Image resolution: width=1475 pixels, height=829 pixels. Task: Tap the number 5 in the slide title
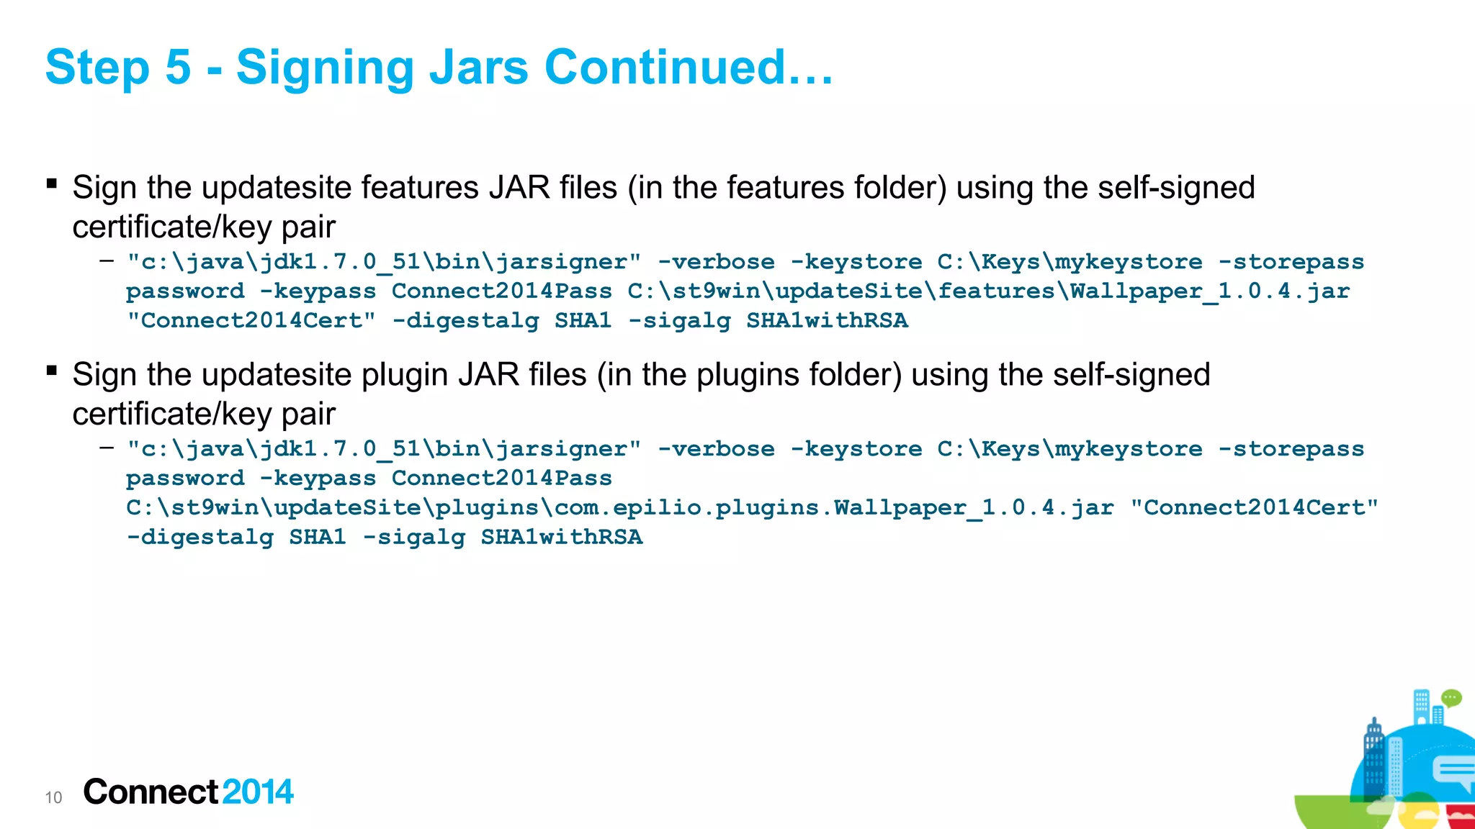pos(178,68)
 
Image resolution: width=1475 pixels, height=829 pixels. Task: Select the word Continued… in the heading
pos(689,68)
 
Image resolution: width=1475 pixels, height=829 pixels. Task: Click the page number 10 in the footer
pos(53,797)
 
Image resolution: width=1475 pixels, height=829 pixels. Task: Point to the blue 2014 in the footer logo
pos(258,792)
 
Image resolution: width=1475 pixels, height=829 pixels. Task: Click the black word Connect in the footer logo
pos(151,792)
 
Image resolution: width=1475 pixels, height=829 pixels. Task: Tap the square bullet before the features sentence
pos(52,184)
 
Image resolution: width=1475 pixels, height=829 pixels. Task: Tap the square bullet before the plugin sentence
pos(52,371)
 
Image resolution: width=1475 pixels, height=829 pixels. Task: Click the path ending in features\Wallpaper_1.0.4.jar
pos(988,291)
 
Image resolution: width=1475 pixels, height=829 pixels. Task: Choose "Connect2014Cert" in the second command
pos(1254,508)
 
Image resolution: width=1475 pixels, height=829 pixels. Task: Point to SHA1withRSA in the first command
pos(827,321)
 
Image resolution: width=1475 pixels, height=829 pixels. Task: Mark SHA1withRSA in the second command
pos(562,538)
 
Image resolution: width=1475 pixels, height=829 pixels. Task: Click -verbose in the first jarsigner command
pos(716,262)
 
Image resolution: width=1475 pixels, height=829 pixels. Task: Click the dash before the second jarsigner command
pos(107,448)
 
